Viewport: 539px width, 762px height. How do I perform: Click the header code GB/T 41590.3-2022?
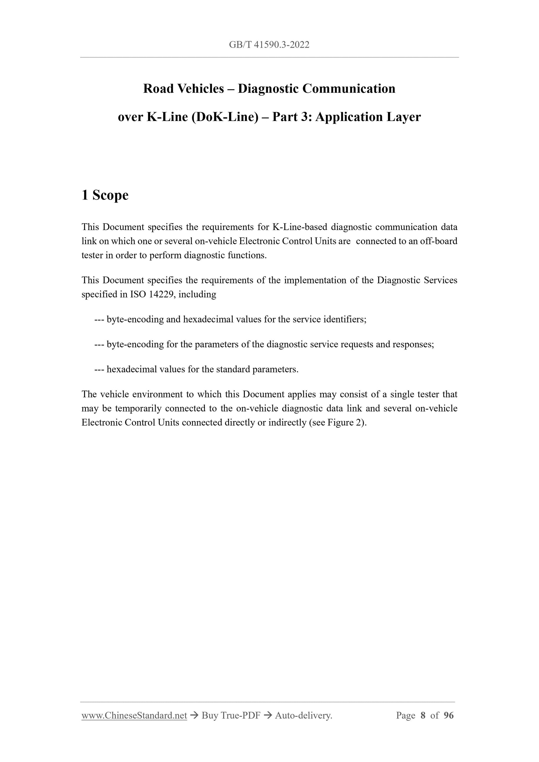(269, 45)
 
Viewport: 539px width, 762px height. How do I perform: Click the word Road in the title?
(158, 89)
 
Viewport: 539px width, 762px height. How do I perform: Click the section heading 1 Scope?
(105, 195)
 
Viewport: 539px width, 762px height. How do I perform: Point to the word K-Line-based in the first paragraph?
(300, 227)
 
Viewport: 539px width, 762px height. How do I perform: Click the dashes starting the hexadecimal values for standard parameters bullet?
(99, 370)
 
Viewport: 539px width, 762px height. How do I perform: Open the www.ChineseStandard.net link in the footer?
(134, 715)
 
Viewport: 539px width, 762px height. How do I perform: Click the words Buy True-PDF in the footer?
(231, 715)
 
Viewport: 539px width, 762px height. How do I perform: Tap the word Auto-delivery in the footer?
(303, 715)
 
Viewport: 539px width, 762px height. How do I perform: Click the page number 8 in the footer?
(423, 715)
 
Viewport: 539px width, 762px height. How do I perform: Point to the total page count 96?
(448, 715)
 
